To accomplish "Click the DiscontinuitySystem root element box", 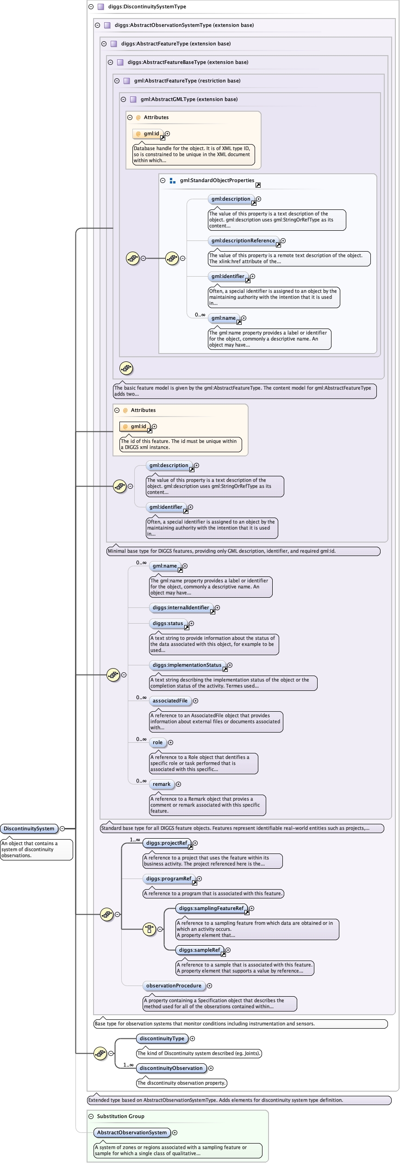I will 29,828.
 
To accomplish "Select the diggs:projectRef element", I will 167,843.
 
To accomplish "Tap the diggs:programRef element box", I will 169,879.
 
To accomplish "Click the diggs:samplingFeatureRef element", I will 211,908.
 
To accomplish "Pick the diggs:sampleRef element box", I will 200,950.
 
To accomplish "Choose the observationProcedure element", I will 174,986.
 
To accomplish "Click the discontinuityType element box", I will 162,1038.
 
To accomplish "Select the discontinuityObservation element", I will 171,1068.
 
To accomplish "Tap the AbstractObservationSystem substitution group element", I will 132,1132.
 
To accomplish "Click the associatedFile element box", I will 170,701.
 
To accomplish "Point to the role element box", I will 157,742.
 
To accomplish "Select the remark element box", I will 162,784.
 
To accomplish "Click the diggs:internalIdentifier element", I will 181,607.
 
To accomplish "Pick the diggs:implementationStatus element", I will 187,665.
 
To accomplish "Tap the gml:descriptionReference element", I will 243,240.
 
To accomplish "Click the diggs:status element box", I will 168,623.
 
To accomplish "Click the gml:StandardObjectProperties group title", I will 217,180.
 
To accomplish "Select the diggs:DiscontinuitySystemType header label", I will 147,6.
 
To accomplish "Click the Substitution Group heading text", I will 120,1116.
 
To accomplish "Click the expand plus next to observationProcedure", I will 209,986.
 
